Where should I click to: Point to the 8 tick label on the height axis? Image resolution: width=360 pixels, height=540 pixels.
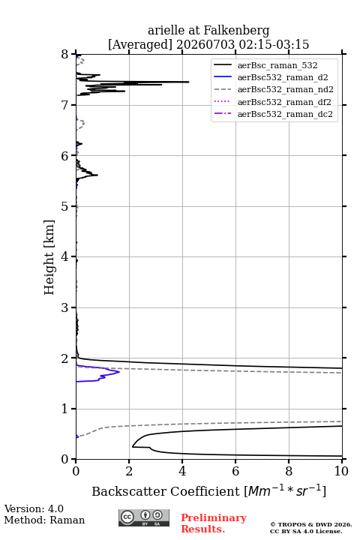[x=65, y=55]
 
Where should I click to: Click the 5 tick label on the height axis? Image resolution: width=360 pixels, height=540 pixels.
[x=65, y=206]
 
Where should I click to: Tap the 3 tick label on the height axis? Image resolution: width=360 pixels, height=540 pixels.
[x=65, y=307]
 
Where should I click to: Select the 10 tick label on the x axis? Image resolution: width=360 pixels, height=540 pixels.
[x=341, y=471]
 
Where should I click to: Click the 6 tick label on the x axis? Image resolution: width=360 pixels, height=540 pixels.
[x=235, y=471]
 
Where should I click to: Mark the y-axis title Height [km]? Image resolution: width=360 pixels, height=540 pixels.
[x=49, y=257]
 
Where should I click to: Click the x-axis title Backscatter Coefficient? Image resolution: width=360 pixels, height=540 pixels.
[x=166, y=491]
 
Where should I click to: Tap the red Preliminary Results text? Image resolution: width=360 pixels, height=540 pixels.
[x=214, y=523]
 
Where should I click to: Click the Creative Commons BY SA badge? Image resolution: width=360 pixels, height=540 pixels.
[x=144, y=518]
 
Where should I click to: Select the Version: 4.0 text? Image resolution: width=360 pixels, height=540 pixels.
[x=34, y=508]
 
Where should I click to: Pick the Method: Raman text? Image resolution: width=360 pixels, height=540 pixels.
[x=44, y=520]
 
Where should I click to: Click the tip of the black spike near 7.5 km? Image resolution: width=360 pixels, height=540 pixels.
[x=189, y=82]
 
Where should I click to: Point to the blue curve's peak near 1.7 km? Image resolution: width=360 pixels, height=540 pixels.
[x=119, y=372]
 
